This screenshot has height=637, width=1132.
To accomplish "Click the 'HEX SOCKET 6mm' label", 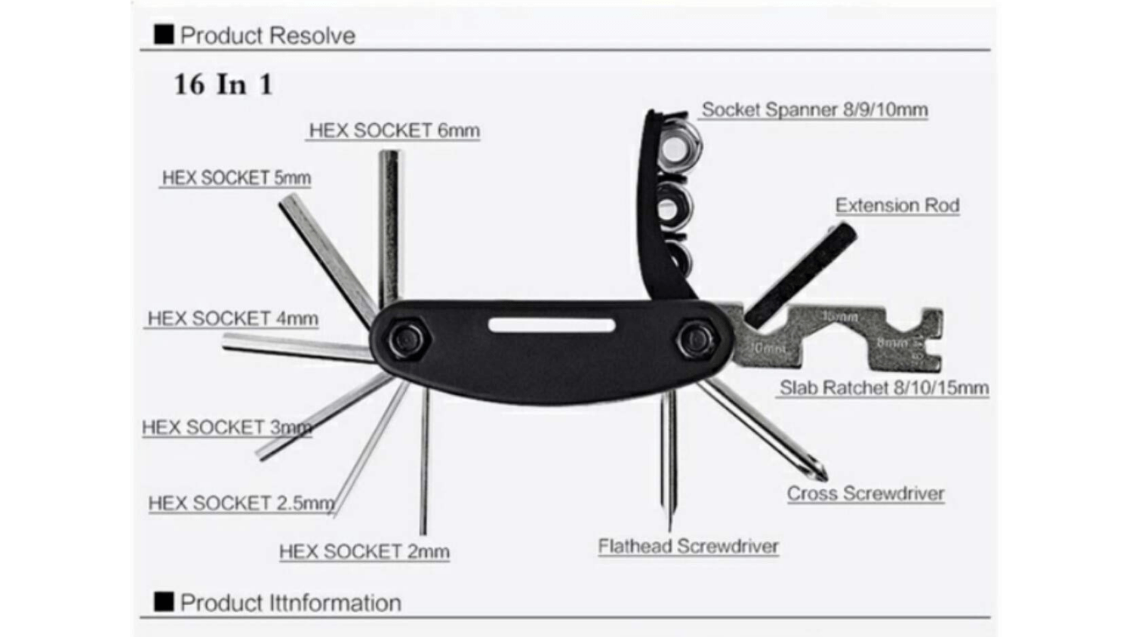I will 394,131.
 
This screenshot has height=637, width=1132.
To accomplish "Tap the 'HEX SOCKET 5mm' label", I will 236,178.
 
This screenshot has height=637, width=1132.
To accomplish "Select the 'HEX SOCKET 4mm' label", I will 232,318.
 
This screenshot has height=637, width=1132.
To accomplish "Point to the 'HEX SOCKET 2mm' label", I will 364,552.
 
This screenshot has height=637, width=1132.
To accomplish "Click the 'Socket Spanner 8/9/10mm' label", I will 814,110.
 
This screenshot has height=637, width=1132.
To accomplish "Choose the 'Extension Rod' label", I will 897,205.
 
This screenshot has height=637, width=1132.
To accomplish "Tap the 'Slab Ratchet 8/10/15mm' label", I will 884,388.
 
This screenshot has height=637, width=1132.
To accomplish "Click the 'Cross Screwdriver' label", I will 866,494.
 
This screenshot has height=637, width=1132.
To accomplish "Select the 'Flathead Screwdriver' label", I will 688,546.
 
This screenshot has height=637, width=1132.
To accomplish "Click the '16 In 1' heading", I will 223,85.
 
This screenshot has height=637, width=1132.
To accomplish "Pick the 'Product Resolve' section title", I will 267,35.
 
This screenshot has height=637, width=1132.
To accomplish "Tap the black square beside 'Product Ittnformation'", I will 164,602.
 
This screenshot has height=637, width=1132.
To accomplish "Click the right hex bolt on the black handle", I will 696,340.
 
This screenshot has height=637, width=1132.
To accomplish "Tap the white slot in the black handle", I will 552,325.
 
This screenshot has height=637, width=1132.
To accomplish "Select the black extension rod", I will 802,273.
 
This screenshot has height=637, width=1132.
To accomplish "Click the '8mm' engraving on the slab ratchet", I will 891,343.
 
